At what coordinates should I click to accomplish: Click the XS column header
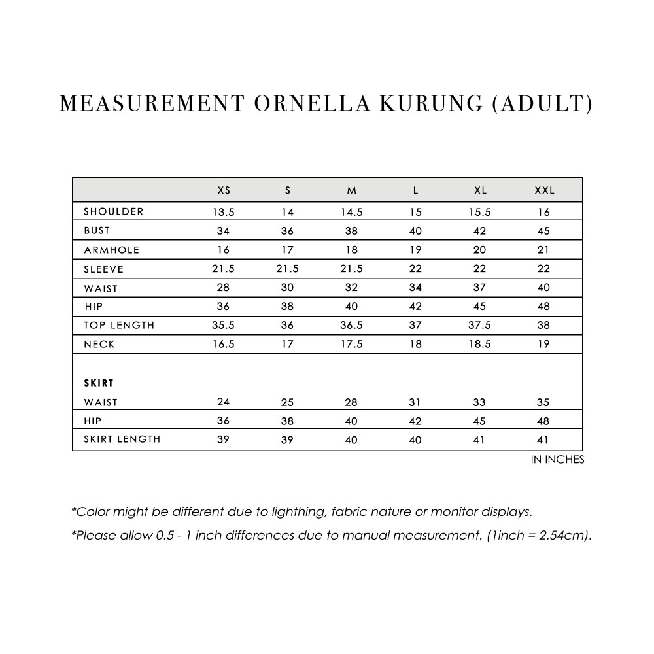point(224,190)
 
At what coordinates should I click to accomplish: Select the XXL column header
point(544,190)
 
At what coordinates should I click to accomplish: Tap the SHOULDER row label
point(114,211)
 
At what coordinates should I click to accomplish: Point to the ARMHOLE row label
point(112,250)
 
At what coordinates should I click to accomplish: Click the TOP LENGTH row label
point(119,325)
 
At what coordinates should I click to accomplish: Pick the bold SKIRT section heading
point(99,383)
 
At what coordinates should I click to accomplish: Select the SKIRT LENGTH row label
point(122,439)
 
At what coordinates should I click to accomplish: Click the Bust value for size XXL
point(544,231)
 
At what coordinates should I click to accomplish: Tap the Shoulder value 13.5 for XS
point(224,212)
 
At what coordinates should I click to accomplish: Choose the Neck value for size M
point(351,345)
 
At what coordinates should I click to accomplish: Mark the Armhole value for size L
point(415,250)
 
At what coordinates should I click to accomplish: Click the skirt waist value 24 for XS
point(224,402)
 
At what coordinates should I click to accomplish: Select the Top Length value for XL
point(479,326)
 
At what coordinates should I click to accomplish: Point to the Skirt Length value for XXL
point(544,440)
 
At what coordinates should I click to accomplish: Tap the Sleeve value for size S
point(288,269)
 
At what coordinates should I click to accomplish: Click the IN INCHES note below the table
point(557,460)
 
